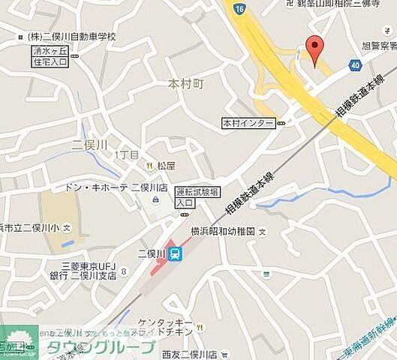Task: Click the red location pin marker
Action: tap(315, 49)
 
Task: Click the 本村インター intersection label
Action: tap(248, 122)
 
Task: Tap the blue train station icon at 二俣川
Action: tap(175, 254)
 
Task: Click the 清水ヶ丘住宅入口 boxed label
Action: tap(50, 56)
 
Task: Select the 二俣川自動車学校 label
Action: tap(71, 36)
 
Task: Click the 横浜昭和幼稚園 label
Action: tap(224, 231)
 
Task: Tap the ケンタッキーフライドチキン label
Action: tap(165, 327)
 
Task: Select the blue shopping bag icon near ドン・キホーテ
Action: tap(155, 199)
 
